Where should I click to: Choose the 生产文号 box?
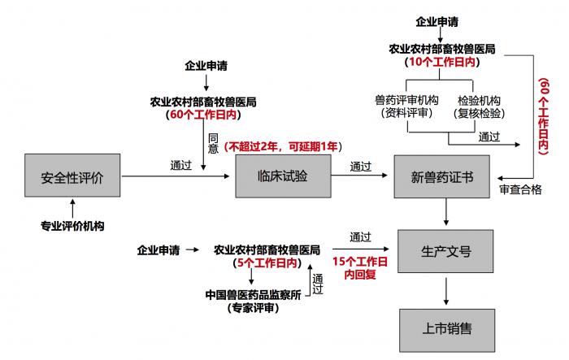[445, 251]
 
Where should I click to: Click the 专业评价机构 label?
[73, 225]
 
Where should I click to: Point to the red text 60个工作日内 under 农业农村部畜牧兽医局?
[202, 115]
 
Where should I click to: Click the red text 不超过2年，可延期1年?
[284, 147]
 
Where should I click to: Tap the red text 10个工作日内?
[441, 61]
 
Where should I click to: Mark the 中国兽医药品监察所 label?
[253, 293]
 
